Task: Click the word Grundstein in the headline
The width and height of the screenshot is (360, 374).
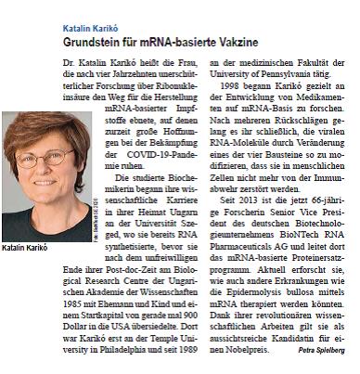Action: click(96, 45)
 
